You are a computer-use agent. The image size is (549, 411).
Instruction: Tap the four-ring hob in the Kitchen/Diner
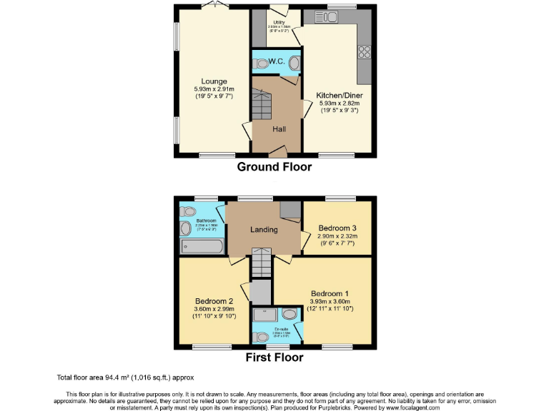pyautogui.click(x=364, y=51)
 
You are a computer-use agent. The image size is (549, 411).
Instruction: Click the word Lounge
pyautogui.click(x=214, y=81)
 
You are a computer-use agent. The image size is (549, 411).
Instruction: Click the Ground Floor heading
pyautogui.click(x=274, y=167)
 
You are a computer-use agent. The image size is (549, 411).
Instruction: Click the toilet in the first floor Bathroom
pyautogui.click(x=188, y=211)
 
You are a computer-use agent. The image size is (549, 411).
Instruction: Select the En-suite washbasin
pyautogui.click(x=290, y=313)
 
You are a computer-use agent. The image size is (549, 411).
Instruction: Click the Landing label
pyautogui.click(x=263, y=229)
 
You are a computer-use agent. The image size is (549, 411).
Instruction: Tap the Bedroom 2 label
pyautogui.click(x=214, y=301)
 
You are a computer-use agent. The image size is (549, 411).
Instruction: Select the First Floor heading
pyautogui.click(x=274, y=357)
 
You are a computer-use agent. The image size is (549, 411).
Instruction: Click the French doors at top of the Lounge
pyautogui.click(x=213, y=6)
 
